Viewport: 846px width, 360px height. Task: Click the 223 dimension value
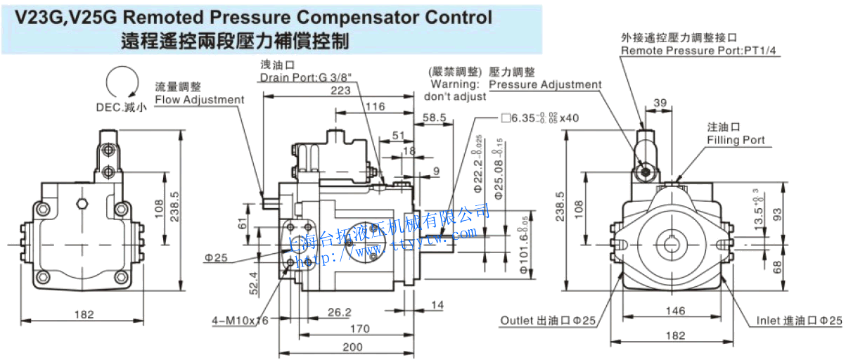[340, 91]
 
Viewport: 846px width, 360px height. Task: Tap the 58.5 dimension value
[435, 118]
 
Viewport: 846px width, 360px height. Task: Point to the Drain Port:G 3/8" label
[305, 77]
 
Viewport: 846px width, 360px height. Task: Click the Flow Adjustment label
[199, 99]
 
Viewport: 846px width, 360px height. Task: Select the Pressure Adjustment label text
[545, 84]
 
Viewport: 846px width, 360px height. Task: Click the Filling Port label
[736, 140]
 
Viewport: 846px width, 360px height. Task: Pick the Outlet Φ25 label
[548, 321]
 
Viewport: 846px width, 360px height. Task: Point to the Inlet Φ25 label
[799, 321]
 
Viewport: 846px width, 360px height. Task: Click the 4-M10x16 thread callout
[241, 321]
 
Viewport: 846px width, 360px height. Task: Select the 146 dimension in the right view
[675, 310]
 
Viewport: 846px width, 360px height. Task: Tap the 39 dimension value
[660, 103]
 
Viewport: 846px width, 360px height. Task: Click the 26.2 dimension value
[339, 311]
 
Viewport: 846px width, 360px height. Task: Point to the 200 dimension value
[352, 347]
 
